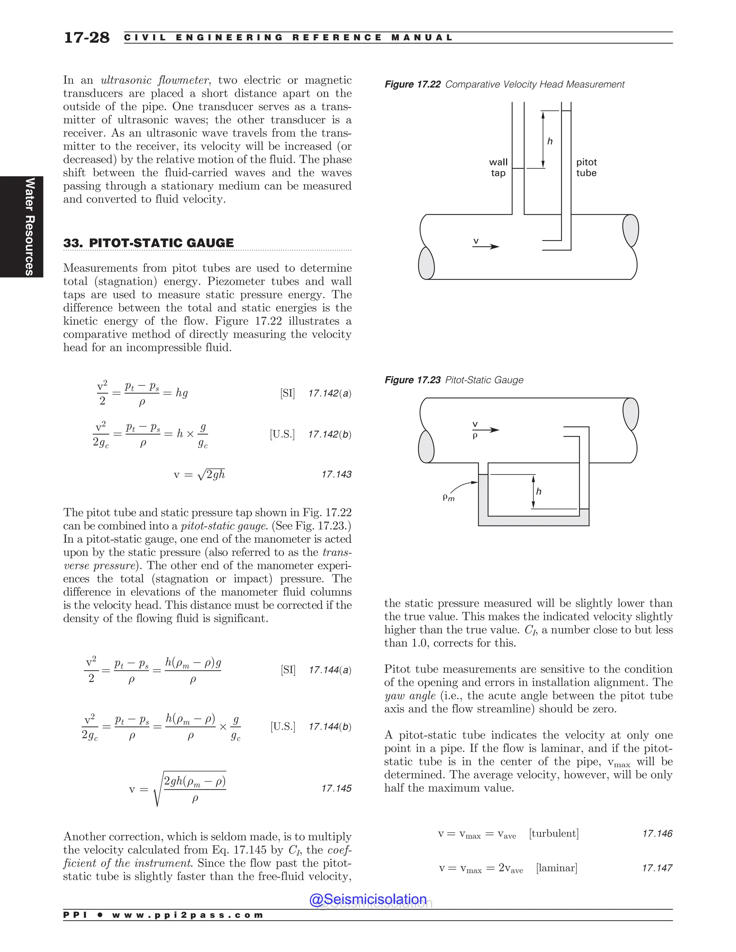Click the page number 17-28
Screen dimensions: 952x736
tap(86, 37)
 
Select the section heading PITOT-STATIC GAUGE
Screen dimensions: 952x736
tap(161, 243)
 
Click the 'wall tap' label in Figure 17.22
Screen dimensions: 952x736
tap(498, 167)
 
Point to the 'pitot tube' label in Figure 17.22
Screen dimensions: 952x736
tap(586, 167)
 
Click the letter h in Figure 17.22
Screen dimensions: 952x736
tap(550, 141)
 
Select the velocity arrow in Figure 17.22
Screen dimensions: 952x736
tap(486, 246)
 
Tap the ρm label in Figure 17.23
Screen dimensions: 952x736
tap(448, 497)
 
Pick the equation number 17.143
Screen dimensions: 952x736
tap(336, 474)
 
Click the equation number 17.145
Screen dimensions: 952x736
tap(336, 788)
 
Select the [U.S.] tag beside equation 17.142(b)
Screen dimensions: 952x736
tap(282, 434)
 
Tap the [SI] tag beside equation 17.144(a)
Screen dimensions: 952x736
tap(288, 670)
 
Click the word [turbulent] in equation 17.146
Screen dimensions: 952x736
tap(554, 833)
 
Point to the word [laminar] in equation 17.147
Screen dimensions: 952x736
tap(556, 868)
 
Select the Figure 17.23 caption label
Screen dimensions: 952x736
tap(412, 380)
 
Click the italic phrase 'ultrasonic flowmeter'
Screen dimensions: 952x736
tap(154, 80)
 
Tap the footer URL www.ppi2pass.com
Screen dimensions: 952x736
tap(188, 915)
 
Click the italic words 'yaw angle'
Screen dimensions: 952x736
tap(409, 696)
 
